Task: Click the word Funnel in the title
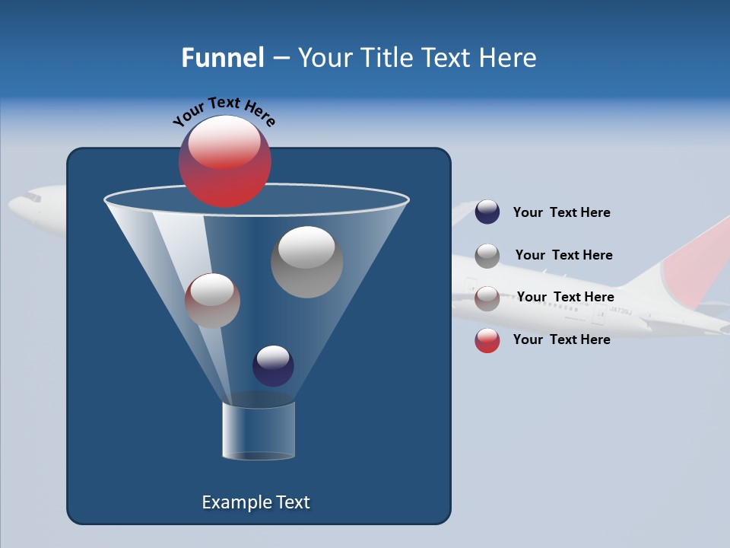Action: pyautogui.click(x=222, y=58)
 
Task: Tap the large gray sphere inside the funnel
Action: pyautogui.click(x=307, y=263)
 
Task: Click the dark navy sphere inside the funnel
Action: pyautogui.click(x=273, y=366)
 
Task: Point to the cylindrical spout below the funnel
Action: pyautogui.click(x=259, y=431)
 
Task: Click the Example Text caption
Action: pyautogui.click(x=255, y=502)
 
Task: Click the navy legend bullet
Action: pyautogui.click(x=487, y=212)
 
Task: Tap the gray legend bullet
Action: pyautogui.click(x=487, y=255)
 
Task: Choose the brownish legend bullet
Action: pyautogui.click(x=487, y=298)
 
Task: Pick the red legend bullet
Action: pyautogui.click(x=487, y=340)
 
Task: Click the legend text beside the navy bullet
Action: pyautogui.click(x=561, y=212)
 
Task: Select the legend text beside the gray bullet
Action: pyautogui.click(x=563, y=255)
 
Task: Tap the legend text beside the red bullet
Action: pyautogui.click(x=561, y=339)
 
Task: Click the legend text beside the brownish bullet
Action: pyautogui.click(x=565, y=297)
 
